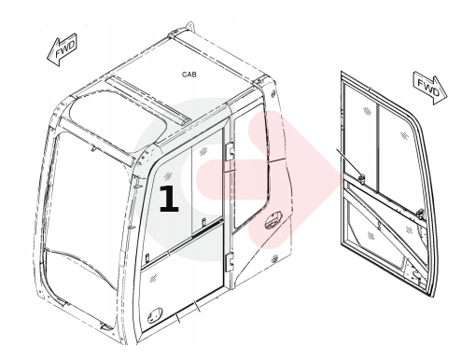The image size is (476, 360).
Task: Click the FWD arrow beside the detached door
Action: tap(430, 88)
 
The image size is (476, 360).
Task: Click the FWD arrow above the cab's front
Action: tap(63, 50)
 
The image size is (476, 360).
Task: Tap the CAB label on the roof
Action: tap(189, 75)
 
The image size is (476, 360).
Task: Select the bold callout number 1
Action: tap(169, 199)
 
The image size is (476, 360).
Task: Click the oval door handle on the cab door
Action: tap(273, 220)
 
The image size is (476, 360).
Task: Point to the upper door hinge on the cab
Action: tap(230, 152)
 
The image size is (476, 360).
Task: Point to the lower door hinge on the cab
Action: tap(230, 261)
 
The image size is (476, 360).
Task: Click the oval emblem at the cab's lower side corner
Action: tap(155, 315)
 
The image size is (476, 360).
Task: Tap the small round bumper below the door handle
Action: tap(274, 258)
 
